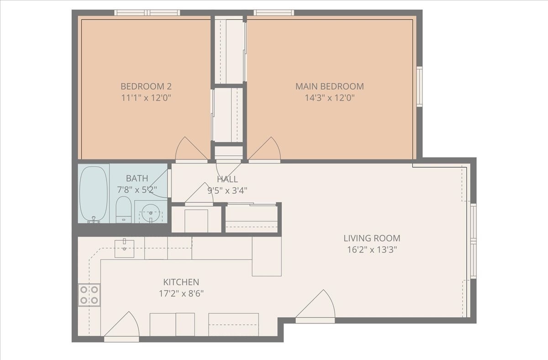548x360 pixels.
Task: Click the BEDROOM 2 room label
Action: tap(146, 86)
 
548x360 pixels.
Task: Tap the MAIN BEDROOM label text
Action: tap(329, 86)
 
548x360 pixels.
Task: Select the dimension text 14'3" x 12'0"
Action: tap(329, 98)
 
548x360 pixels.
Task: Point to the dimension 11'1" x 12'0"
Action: tap(146, 98)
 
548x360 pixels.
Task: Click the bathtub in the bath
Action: tap(94, 194)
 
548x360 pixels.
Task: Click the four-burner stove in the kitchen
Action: tap(89, 295)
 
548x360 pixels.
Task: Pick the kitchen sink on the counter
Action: tap(124, 249)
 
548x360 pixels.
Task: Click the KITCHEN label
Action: tap(181, 282)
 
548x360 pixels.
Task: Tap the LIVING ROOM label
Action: tap(372, 238)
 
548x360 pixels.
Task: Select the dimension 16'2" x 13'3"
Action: tap(372, 249)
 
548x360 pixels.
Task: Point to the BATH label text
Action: tap(137, 178)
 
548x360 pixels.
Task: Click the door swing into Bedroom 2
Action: tap(191, 150)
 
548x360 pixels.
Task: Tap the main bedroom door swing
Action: tap(265, 150)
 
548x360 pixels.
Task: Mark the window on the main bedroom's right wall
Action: tap(419, 87)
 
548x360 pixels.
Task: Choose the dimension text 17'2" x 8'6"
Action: tap(181, 294)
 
